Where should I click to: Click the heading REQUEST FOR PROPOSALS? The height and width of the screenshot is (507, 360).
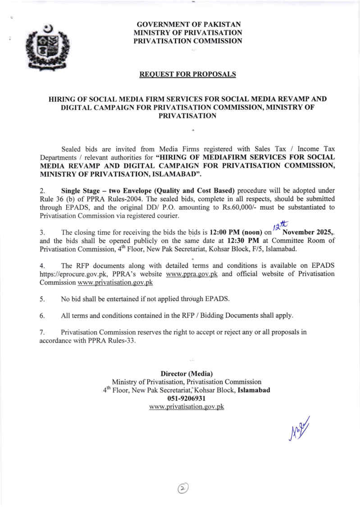(187, 74)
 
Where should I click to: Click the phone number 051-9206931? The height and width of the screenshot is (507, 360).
(187, 398)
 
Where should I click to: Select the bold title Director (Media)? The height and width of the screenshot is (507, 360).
(187, 374)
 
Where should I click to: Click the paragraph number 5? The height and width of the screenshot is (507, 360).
(42, 299)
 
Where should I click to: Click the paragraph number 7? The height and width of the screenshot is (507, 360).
(42, 332)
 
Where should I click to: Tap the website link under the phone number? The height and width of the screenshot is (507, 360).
(187, 407)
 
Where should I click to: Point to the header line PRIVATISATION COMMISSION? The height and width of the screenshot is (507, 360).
(188, 41)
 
